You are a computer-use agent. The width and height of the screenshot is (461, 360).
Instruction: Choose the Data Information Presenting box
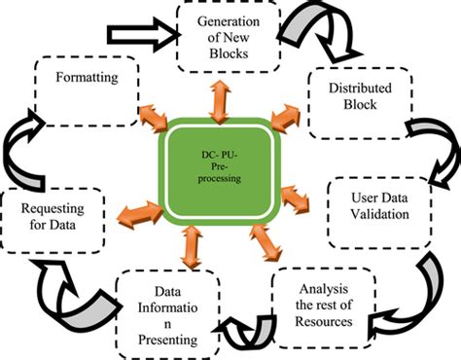163,313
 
